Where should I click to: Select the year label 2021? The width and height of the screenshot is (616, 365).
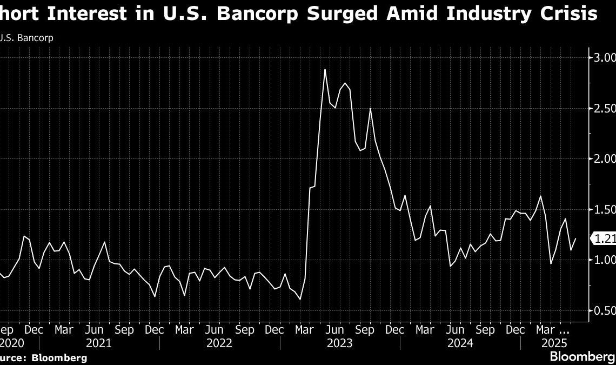[x=99, y=343]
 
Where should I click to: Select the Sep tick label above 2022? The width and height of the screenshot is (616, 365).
[x=246, y=329]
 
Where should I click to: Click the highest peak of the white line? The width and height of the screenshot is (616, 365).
[x=325, y=69]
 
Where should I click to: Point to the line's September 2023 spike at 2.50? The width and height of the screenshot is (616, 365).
[x=370, y=109]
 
